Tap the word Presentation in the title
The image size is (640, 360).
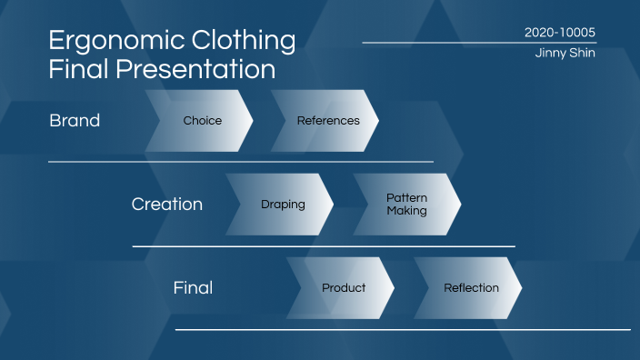[x=194, y=69]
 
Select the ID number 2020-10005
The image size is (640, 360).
[x=560, y=32]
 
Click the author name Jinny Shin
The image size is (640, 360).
[x=565, y=54]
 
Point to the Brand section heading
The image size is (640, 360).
[x=75, y=120]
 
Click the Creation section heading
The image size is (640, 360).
[x=167, y=204]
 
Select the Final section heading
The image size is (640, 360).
[x=193, y=287]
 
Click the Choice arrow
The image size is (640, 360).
[x=202, y=120]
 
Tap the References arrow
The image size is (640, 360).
[x=327, y=120]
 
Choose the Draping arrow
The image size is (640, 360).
[x=283, y=204]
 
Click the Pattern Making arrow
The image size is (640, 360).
[x=406, y=204]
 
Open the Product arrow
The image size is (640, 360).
[x=344, y=287]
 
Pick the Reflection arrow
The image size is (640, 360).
[x=471, y=287]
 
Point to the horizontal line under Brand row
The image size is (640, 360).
[x=241, y=162]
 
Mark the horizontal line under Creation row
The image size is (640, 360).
[x=324, y=245]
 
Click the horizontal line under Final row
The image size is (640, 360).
[x=403, y=329]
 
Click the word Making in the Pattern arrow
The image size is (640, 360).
[x=406, y=211]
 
